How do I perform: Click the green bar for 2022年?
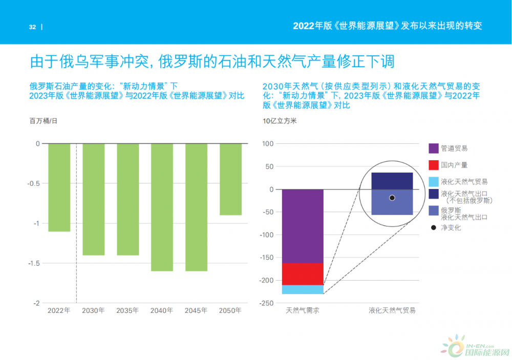pos(59,187)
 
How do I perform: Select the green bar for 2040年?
pos(162,207)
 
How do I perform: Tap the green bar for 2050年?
pos(230,179)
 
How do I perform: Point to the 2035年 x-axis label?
pos(127,310)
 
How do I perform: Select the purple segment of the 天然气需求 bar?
pos(303,226)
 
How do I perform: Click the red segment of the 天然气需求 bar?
pos(303,274)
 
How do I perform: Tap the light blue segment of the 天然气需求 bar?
pos(303,290)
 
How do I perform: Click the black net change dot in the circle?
pos(392,198)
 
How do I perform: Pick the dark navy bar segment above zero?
pos(392,181)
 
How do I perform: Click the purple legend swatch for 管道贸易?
pos(434,149)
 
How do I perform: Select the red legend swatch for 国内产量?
pos(434,165)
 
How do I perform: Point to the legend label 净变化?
pos(451,227)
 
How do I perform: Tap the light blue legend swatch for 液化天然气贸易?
pos(434,181)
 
